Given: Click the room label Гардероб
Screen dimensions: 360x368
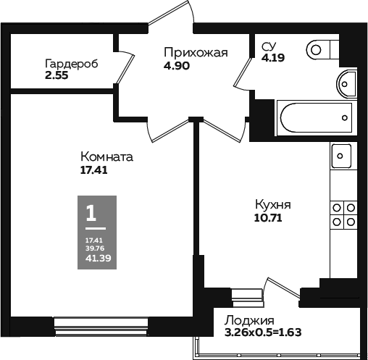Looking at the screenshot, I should click(71, 62).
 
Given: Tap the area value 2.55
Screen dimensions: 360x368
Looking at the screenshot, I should click(57, 74).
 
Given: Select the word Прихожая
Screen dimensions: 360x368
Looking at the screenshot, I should click(196, 52).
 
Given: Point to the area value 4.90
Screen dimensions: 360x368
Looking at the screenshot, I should click(176, 64).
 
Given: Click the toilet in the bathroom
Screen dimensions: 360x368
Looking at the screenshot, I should click(323, 49).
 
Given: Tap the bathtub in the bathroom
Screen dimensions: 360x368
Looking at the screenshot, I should click(315, 117).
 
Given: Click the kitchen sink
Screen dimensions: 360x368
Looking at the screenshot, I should click(340, 155).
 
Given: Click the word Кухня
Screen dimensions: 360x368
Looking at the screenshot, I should click(272, 204).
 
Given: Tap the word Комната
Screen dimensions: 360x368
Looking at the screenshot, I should click(106, 157).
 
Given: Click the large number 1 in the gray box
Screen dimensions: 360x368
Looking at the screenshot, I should click(91, 213).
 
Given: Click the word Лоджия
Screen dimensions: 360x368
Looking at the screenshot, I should click(248, 321).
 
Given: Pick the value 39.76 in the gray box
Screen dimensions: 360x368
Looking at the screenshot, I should click(93, 247).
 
